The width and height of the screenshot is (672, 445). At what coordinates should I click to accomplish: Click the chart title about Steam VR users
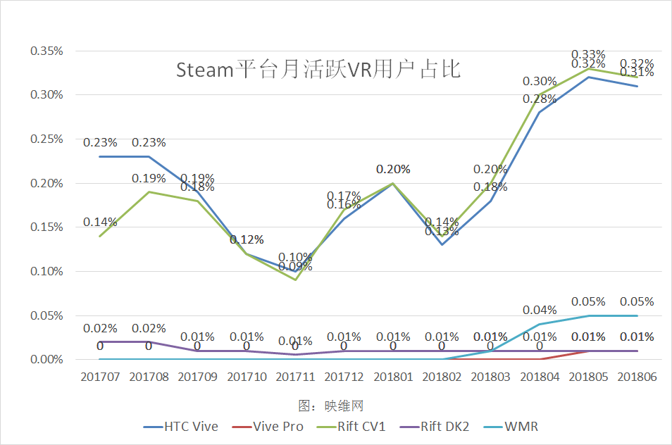318,70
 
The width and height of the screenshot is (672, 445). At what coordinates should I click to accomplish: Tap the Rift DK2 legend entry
444,427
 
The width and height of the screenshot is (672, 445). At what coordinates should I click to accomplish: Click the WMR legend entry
522,427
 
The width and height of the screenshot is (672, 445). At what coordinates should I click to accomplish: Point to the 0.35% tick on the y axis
46,51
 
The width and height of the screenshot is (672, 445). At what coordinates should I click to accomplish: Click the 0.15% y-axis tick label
46,227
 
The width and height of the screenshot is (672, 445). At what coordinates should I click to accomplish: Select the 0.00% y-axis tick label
46,360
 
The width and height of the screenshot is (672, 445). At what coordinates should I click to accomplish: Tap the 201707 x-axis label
100,377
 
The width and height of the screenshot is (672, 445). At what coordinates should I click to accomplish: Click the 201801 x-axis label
392,377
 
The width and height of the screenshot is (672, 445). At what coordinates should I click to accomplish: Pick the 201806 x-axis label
637,377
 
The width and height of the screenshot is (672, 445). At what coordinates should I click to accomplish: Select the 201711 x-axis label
295,377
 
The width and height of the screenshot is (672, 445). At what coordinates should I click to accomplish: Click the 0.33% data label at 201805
588,54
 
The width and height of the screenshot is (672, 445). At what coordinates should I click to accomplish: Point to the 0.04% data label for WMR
540,310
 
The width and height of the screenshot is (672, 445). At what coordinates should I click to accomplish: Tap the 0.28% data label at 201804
540,99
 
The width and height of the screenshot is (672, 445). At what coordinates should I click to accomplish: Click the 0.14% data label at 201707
100,222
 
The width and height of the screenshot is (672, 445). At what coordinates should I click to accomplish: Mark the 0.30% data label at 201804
540,81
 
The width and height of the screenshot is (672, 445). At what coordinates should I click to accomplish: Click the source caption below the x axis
330,406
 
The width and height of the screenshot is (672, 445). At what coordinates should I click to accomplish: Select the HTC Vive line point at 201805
588,77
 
